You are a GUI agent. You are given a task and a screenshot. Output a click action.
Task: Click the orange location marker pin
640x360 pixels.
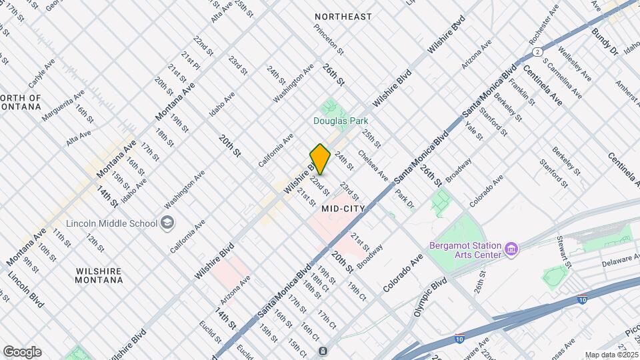click(x=320, y=159)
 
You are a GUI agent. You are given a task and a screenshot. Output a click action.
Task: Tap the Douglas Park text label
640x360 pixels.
click(x=341, y=121)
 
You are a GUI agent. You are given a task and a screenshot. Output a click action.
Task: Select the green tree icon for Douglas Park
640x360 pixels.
click(x=328, y=106)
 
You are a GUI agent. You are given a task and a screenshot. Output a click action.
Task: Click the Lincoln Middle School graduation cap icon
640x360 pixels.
click(x=167, y=222)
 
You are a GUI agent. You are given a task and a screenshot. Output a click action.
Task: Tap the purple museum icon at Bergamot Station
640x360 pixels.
click(x=511, y=250)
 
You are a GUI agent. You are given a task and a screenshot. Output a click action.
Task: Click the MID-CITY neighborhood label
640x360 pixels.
click(x=343, y=209)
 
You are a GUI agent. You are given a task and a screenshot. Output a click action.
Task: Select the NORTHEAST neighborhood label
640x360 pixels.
click(x=343, y=16)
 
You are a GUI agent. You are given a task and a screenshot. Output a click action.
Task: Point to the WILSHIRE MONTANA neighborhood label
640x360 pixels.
click(x=99, y=275)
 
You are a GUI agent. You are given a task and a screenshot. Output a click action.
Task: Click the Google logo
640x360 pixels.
click(x=22, y=351)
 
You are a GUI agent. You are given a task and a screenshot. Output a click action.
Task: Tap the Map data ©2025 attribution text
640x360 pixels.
click(x=611, y=355)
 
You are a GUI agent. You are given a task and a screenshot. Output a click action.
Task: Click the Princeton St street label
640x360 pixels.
click(x=329, y=39)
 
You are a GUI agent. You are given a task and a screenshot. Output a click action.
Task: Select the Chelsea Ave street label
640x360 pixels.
click(x=373, y=165)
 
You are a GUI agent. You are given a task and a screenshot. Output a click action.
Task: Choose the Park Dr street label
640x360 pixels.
click(x=404, y=199)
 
